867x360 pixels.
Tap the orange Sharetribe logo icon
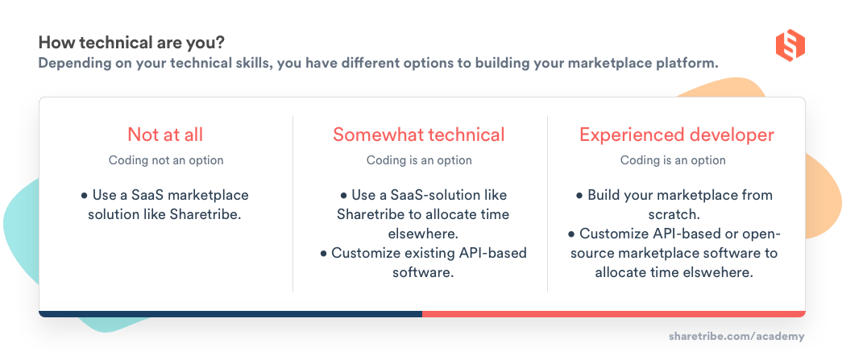coord(790,45)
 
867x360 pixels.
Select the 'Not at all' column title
coord(165,134)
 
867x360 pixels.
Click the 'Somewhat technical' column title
coord(419,134)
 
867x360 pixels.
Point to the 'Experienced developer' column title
coord(677,134)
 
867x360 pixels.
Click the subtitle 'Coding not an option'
coord(166,160)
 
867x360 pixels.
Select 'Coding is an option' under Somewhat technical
coord(419,160)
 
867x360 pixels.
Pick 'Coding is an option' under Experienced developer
coord(673,160)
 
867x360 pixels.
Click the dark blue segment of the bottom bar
coord(230,313)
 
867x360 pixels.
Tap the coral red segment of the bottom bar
coord(612,313)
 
